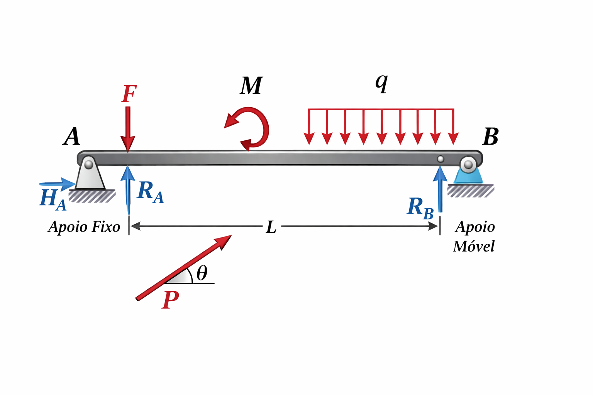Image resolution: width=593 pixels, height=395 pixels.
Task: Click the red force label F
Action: click(x=129, y=94)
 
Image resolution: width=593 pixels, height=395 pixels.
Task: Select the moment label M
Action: click(x=251, y=86)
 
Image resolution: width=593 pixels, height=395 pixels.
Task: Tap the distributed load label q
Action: click(x=382, y=82)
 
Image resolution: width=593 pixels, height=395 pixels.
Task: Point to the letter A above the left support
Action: click(x=72, y=136)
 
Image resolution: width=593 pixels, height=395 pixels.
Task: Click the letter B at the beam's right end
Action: click(x=491, y=137)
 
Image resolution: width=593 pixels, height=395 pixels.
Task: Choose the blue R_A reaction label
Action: click(x=150, y=192)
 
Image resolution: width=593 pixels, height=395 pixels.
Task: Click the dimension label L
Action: click(x=271, y=227)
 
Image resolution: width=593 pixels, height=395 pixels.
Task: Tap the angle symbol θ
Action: click(x=202, y=273)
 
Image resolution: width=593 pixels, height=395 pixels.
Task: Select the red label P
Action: click(x=170, y=300)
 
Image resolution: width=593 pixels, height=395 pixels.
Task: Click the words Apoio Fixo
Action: click(x=84, y=227)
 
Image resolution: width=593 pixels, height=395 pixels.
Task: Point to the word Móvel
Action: click(x=474, y=246)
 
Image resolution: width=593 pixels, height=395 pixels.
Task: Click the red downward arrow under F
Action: click(x=128, y=129)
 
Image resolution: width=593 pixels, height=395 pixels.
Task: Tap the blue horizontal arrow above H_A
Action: click(x=57, y=184)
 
